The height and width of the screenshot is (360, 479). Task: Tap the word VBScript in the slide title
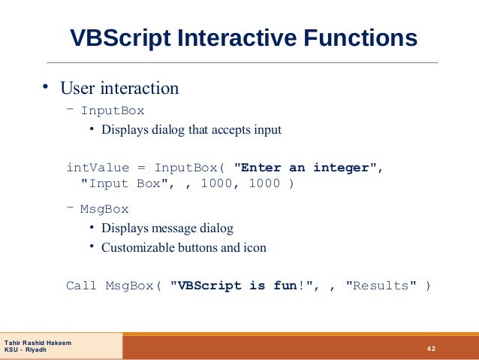click(119, 38)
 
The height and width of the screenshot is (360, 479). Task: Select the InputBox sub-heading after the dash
click(113, 110)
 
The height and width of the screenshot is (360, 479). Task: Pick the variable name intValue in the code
click(98, 167)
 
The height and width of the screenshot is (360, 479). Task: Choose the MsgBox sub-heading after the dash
click(104, 209)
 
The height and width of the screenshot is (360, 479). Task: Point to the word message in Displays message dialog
click(177, 228)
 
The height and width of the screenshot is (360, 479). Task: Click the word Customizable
click(135, 247)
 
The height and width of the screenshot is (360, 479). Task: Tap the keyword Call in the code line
click(82, 286)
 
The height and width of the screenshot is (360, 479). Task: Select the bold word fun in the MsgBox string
click(282, 286)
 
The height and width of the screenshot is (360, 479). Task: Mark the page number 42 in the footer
click(431, 348)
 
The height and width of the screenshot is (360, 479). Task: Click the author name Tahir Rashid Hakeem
click(38, 343)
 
